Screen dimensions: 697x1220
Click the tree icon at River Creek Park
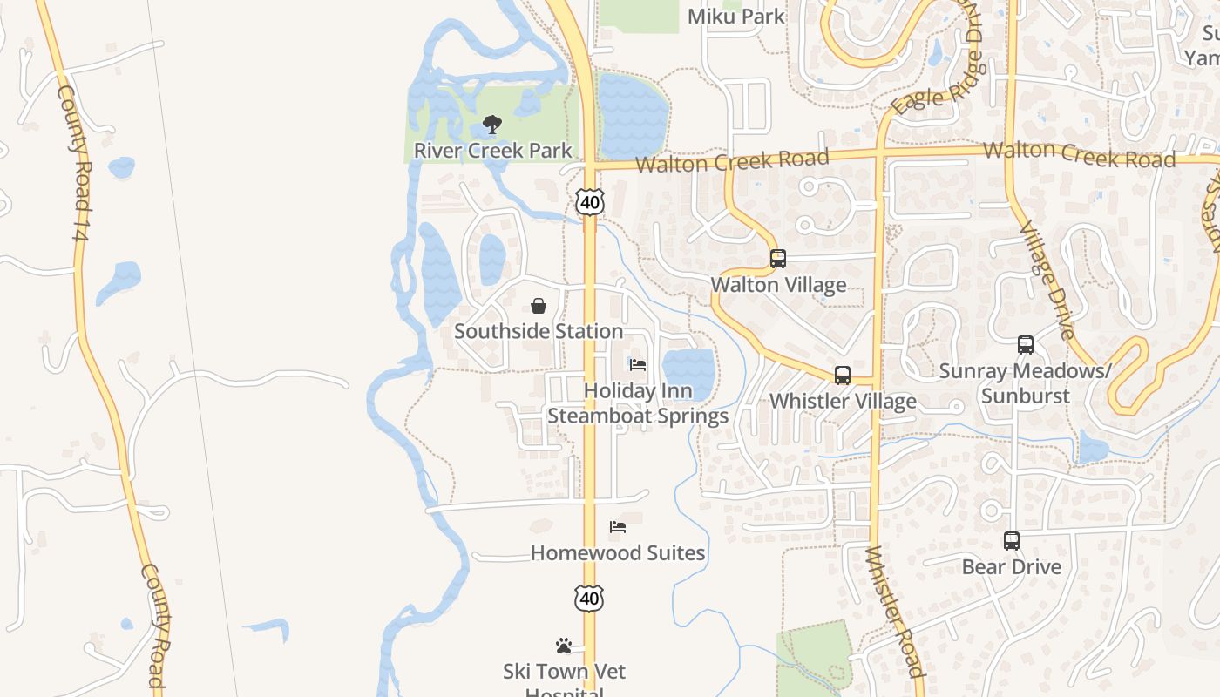(492, 125)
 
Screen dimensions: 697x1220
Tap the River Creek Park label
(492, 151)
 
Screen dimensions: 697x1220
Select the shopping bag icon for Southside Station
(539, 306)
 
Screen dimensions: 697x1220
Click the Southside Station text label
(539, 331)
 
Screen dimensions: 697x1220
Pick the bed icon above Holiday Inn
(638, 364)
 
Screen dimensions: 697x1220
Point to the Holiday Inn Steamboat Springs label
(638, 403)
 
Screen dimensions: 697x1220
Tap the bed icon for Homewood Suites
(618, 527)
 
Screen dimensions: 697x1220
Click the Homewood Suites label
(618, 552)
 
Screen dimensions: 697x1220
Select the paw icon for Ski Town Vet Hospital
(564, 646)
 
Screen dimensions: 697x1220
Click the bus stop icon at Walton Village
(777, 259)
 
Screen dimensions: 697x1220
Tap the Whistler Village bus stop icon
(843, 376)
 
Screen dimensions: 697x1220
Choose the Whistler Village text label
(843, 401)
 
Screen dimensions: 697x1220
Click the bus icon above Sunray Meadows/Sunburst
(1026, 345)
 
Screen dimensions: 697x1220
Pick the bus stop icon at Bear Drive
(1011, 541)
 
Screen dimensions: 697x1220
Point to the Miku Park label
(736, 16)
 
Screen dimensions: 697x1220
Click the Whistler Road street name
(894, 610)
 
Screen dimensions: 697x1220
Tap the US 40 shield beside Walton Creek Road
(590, 202)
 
